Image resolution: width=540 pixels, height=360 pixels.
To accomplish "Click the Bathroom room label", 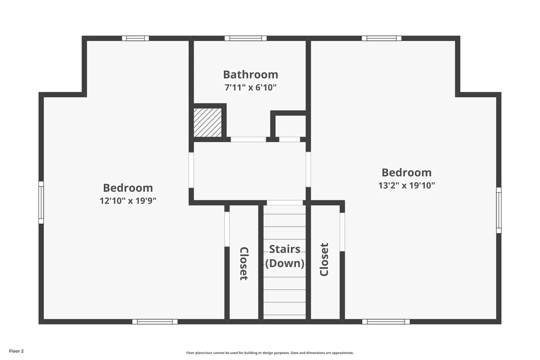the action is (251, 75).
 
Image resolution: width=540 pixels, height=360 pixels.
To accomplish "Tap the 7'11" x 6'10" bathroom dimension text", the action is (251, 87).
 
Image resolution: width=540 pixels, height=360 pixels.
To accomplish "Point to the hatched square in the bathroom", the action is (208, 123).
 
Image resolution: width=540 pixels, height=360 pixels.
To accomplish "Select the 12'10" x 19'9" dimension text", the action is (128, 201).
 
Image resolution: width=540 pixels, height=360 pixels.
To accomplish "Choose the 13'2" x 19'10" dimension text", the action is (406, 186).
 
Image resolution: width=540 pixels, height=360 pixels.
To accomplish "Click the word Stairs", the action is (285, 249).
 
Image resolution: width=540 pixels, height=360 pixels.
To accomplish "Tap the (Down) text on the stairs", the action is (285, 263).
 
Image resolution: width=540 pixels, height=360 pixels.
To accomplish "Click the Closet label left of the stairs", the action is (244, 264).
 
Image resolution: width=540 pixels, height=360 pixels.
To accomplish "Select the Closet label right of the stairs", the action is (324, 259).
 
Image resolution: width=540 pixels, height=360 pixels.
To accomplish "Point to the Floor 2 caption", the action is (16, 351).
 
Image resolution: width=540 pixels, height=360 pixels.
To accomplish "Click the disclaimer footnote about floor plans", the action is (270, 353).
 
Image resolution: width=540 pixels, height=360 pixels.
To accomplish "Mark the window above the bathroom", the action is (246, 38).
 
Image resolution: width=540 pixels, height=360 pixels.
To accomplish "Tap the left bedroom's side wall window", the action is (41, 202).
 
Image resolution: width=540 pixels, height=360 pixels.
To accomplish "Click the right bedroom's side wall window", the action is (498, 210).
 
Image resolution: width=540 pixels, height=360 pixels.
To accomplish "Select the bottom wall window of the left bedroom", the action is (155, 322).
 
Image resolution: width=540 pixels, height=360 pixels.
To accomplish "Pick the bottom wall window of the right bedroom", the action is (386, 322).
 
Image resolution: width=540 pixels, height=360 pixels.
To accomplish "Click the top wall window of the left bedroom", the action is (135, 38).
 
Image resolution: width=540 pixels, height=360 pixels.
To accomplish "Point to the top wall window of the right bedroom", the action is (382, 38).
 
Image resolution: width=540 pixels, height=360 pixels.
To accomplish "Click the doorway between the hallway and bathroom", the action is (248, 139).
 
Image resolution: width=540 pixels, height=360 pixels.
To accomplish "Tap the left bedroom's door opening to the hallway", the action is (191, 170).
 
